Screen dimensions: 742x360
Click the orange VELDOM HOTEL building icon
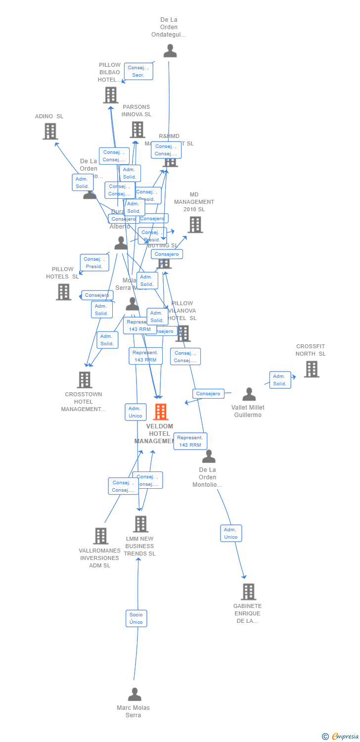[x=161, y=412]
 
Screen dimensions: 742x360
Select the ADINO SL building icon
[x=50, y=131]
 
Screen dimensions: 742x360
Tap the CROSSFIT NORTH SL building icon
[x=312, y=369]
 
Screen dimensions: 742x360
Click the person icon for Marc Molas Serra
[x=135, y=695]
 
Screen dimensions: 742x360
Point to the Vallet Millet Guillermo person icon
[x=249, y=394]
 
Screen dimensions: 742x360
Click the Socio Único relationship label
[x=136, y=618]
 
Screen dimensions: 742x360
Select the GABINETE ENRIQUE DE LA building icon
[x=248, y=592]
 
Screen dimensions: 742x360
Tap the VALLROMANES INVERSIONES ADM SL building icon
[x=101, y=536]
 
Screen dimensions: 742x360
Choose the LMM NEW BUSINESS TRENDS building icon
[x=141, y=524]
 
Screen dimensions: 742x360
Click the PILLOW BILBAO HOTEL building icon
[x=111, y=95]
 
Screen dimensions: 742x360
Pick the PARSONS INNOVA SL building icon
[x=137, y=130]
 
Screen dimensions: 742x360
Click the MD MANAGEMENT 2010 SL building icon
[x=195, y=225]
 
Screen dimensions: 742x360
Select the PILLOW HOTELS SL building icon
[x=63, y=292]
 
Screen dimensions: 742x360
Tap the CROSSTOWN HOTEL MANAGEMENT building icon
[x=85, y=380]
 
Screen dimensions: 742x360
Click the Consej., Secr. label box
[x=138, y=71]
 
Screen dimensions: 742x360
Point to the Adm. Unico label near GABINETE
[x=231, y=533]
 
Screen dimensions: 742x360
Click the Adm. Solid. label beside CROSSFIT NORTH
[x=280, y=380]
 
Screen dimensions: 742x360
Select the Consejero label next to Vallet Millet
[x=208, y=394]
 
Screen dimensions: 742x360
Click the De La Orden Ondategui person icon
[x=170, y=51]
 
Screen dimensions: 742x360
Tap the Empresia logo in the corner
[x=341, y=737]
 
